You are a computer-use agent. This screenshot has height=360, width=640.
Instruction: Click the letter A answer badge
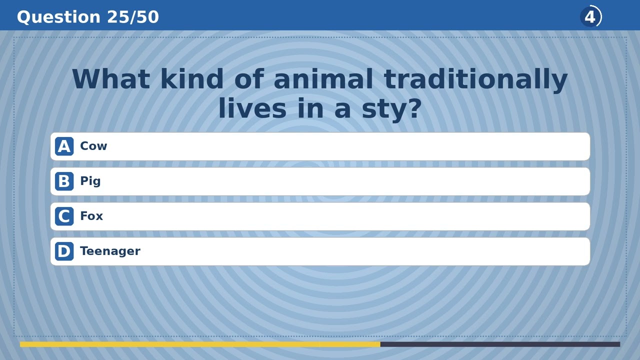coord(64,146)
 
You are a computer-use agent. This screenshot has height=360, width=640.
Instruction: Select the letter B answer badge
coord(64,181)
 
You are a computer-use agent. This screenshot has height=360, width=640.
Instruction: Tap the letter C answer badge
coord(64,216)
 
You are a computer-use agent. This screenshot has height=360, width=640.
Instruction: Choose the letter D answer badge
coord(64,251)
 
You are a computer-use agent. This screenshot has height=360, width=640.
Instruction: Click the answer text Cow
coord(93,146)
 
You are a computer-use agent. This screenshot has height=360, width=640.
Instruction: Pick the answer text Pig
coord(90,181)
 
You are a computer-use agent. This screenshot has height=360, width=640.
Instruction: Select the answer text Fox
coord(91,216)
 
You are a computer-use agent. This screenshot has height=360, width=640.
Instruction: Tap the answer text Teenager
coord(110,251)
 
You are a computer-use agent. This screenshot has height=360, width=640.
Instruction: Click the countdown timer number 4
coord(590,17)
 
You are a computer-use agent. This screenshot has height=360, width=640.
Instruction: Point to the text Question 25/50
coord(88,17)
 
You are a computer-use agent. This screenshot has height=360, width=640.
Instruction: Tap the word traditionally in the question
coord(475,80)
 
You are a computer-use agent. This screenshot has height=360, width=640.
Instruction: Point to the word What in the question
coord(110,79)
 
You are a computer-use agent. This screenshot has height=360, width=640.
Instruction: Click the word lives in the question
coord(252,108)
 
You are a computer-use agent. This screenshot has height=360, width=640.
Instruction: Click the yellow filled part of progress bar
coord(200,344)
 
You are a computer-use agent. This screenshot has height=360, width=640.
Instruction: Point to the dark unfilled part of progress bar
coord(500,344)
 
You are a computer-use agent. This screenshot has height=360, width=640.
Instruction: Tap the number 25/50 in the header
coord(133,17)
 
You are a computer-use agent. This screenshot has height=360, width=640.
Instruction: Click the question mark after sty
coord(415,108)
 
